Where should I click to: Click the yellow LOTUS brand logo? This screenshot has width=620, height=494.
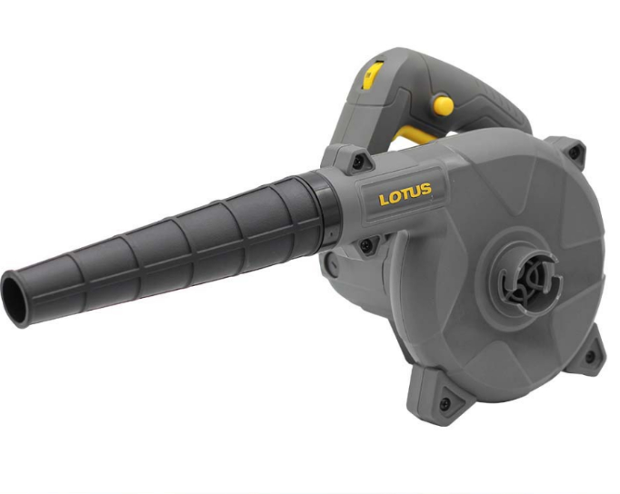coord(405,194)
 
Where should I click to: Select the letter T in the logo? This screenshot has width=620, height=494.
coord(406,194)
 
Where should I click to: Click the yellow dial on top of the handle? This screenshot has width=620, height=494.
coord(372,74)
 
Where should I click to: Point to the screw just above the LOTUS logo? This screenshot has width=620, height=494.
coord(357,160)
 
